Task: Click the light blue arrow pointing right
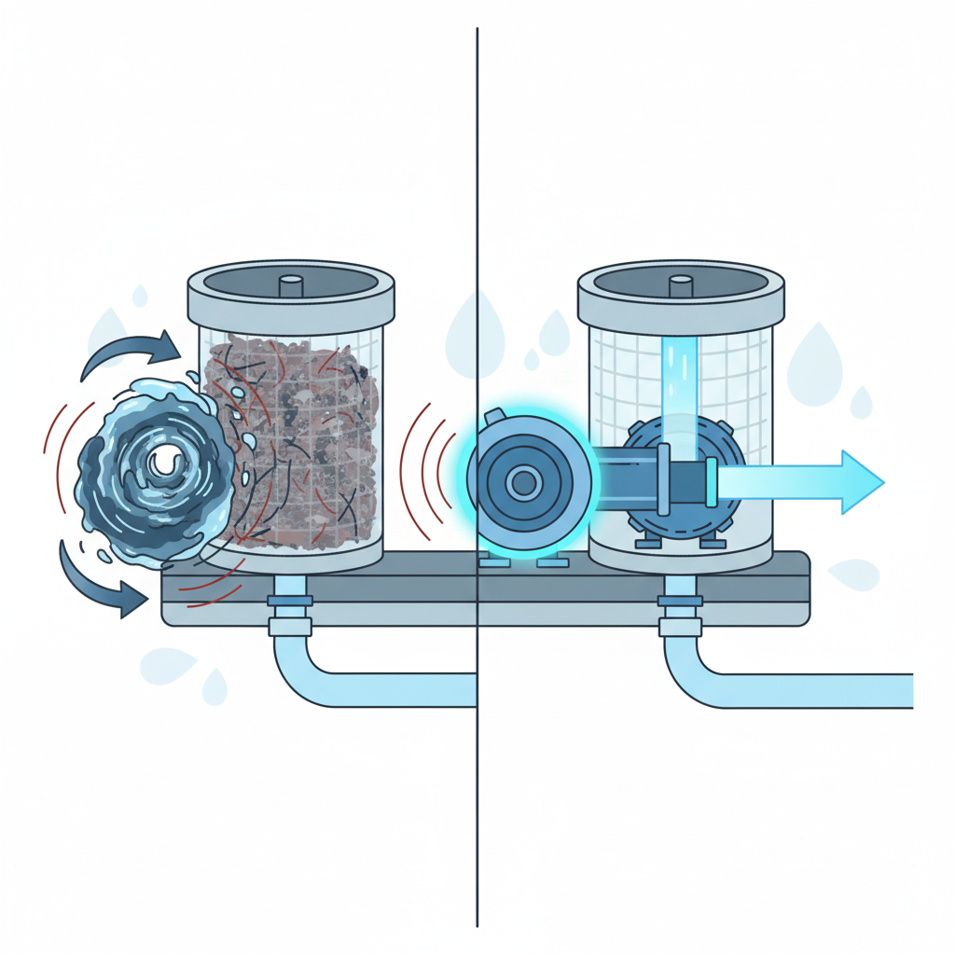tap(802, 482)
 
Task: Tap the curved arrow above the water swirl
tap(131, 352)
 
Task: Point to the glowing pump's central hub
tap(524, 482)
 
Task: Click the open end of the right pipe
tap(909, 690)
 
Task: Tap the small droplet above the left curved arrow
tap(140, 296)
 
